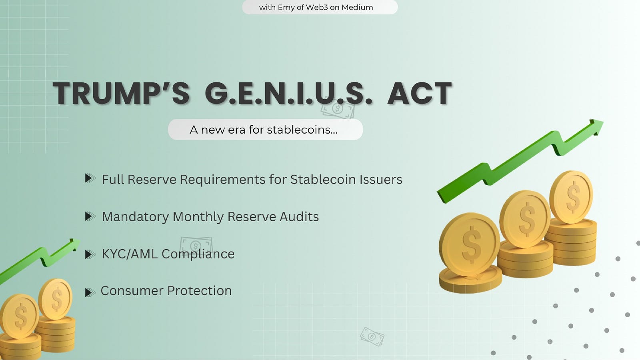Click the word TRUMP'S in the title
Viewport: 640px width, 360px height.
click(x=121, y=93)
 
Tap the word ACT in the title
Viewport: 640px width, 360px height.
click(x=420, y=93)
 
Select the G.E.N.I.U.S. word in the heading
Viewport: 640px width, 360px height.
click(x=288, y=93)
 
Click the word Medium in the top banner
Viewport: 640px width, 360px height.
click(x=357, y=7)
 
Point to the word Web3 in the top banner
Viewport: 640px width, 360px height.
click(x=317, y=7)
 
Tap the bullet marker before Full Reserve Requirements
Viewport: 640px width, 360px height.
click(x=90, y=178)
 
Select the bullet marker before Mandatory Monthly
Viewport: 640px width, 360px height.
click(x=90, y=216)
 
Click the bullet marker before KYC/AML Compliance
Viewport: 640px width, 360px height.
click(x=90, y=254)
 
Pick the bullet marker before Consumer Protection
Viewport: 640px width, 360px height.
click(x=90, y=292)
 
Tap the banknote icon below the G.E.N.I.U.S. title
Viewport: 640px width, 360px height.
click(x=338, y=109)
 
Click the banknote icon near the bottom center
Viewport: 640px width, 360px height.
click(x=372, y=336)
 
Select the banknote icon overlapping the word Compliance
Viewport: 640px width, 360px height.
click(x=196, y=245)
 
